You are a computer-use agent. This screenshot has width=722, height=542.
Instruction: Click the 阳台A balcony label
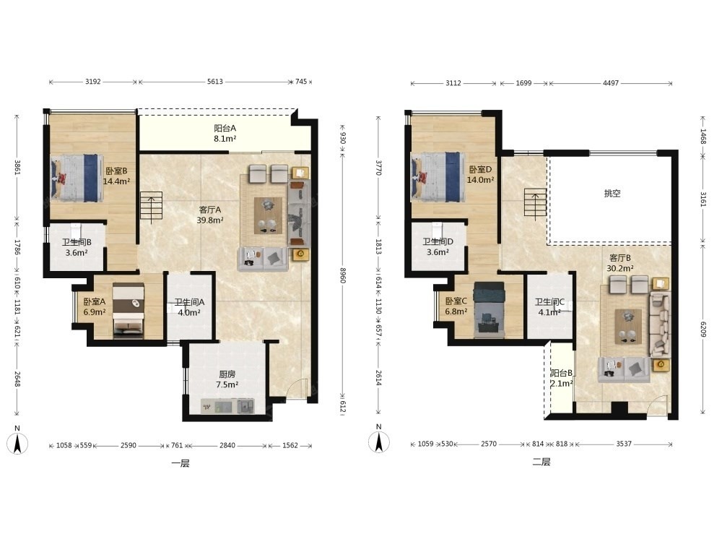click(x=225, y=128)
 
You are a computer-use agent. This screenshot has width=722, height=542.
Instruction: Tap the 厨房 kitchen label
click(x=227, y=374)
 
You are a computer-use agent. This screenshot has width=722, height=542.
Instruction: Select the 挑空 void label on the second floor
click(x=612, y=194)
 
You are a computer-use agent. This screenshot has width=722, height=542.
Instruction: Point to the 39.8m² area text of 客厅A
click(x=210, y=220)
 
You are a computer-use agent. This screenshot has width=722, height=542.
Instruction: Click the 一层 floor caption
click(x=180, y=463)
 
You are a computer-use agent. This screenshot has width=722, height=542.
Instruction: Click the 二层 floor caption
click(x=541, y=462)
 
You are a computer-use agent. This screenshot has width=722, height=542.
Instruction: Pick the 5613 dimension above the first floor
click(x=215, y=82)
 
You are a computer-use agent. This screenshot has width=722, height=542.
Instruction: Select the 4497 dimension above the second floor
click(x=611, y=83)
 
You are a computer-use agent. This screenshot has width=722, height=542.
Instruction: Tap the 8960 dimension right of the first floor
click(x=342, y=275)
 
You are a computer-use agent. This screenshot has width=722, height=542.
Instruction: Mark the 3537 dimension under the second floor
click(x=624, y=444)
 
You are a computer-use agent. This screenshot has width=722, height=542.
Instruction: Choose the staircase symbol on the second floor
click(x=535, y=204)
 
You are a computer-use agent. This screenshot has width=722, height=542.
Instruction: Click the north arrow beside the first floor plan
click(x=17, y=444)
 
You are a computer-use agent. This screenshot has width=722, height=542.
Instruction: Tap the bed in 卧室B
click(x=77, y=178)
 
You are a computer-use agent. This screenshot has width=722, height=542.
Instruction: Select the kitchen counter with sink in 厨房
click(x=227, y=406)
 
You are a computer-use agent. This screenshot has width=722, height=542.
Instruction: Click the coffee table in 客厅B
click(x=629, y=327)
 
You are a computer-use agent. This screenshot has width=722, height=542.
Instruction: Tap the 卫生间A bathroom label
click(x=188, y=302)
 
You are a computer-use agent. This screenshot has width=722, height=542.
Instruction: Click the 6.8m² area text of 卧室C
click(x=456, y=311)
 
